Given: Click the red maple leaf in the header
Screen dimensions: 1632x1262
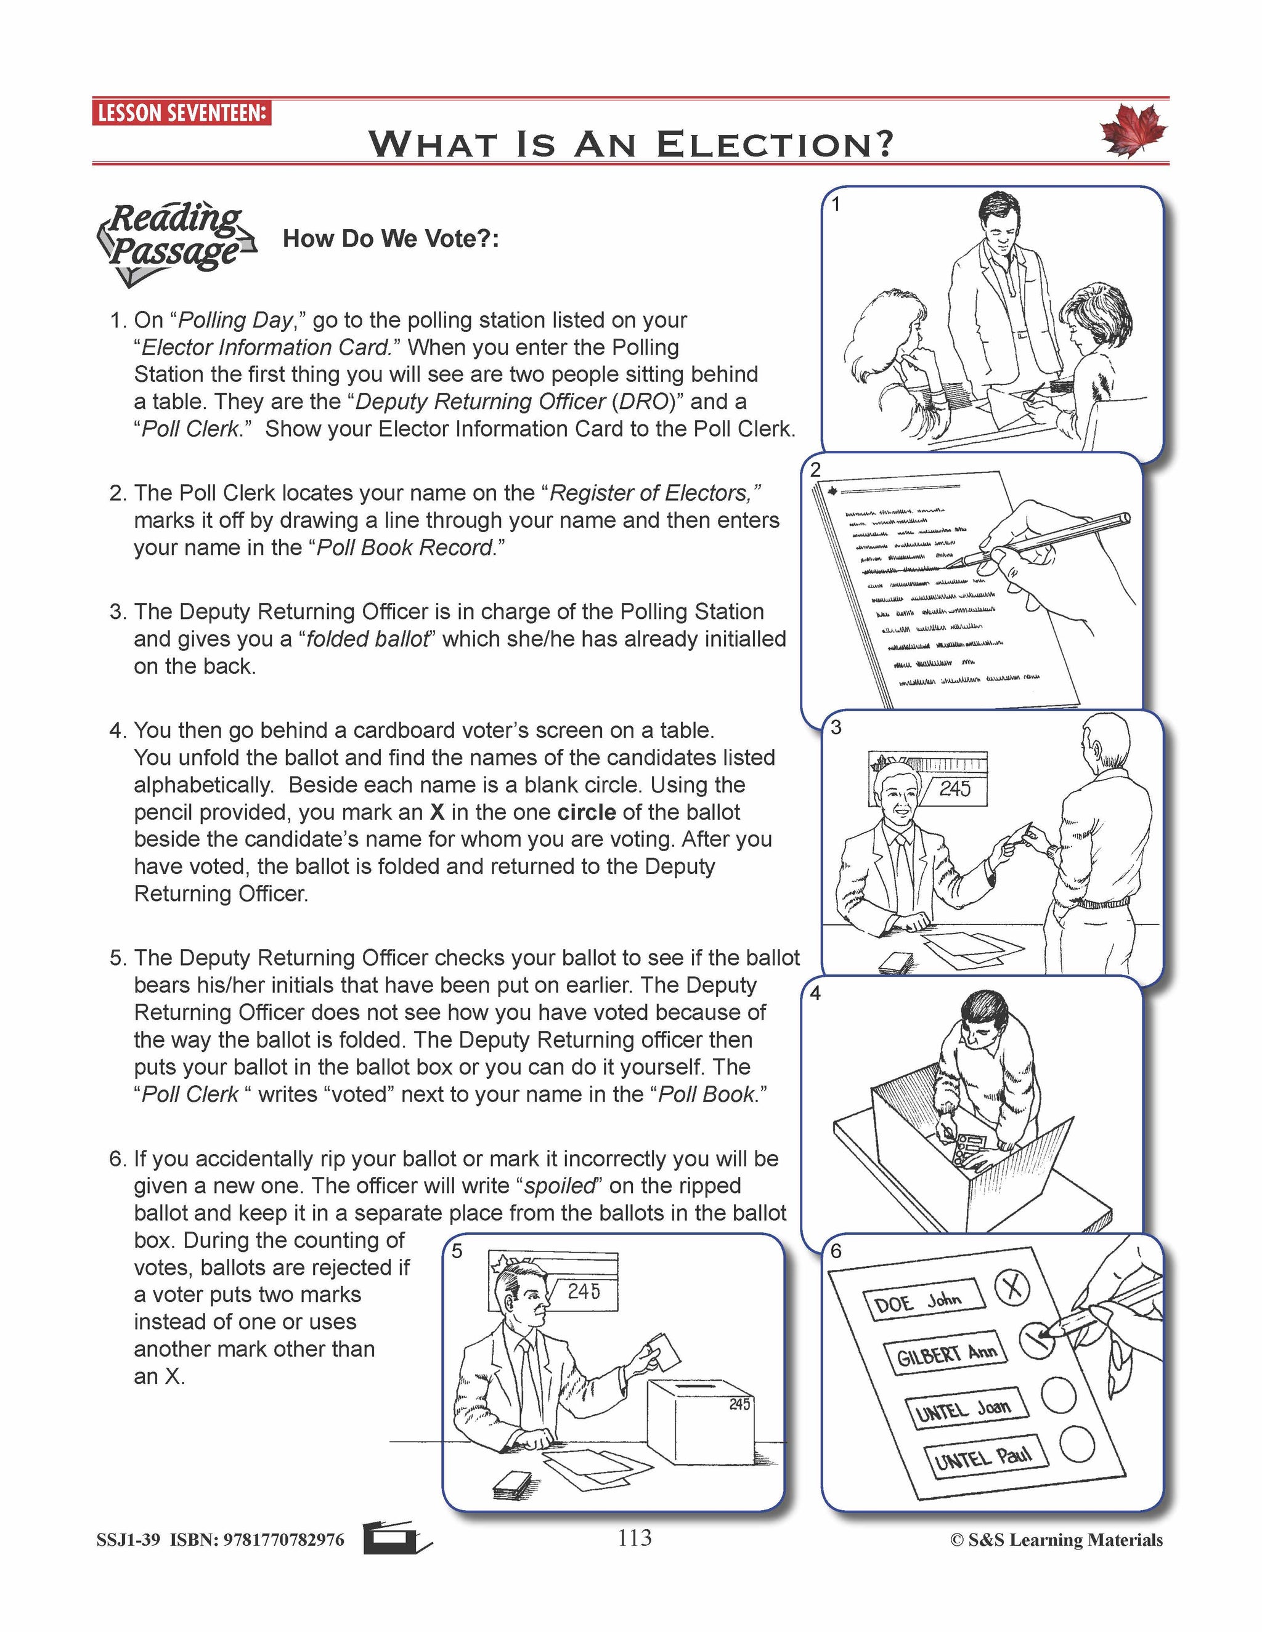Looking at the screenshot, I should (1133, 131).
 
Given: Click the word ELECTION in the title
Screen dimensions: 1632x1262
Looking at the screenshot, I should (775, 143).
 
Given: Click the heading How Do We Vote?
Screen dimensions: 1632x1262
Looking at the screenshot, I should (390, 239).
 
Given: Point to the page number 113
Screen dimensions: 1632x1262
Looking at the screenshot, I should (634, 1538).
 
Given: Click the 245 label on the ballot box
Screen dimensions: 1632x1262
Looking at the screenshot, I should (739, 1404).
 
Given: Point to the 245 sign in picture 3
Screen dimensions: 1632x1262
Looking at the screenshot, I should (954, 788).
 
